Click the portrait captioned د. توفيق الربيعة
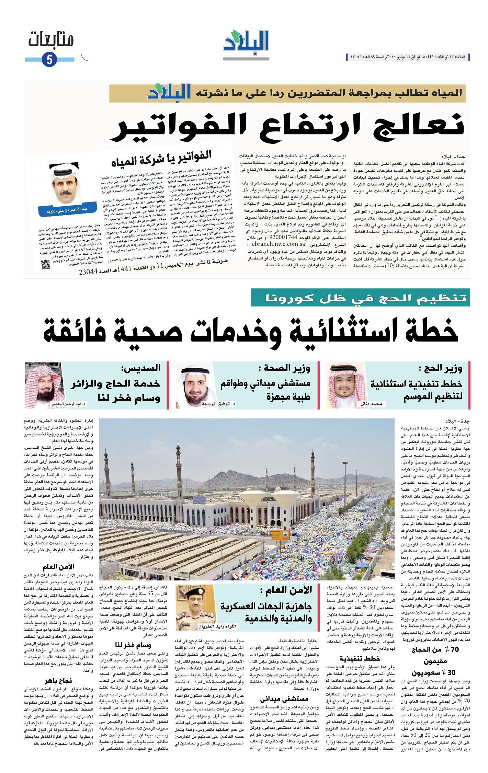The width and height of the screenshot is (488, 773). point(194,386)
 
